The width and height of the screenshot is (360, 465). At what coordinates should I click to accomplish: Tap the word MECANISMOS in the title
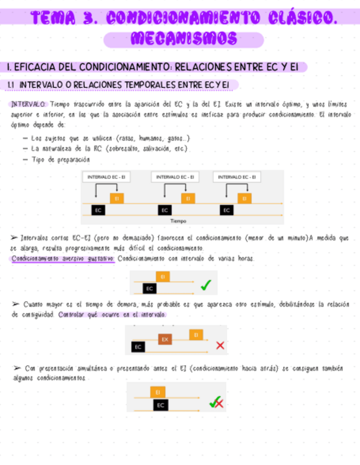click(184, 39)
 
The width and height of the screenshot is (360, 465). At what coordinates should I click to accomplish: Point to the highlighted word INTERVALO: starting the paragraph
click(29, 103)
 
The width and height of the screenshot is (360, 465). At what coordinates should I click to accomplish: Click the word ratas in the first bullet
click(127, 138)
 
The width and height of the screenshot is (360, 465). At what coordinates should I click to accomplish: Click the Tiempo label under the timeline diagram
click(178, 220)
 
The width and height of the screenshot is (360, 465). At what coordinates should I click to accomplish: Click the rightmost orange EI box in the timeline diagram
click(244, 199)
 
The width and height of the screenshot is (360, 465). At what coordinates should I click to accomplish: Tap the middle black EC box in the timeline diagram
click(164, 210)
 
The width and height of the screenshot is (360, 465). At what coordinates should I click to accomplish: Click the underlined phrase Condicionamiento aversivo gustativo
click(63, 258)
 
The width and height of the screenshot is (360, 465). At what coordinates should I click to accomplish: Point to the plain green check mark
click(206, 285)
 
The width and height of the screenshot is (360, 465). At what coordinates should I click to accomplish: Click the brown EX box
click(165, 339)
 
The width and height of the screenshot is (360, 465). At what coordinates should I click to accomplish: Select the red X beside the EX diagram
click(220, 345)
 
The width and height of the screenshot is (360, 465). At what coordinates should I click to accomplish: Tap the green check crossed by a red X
click(216, 403)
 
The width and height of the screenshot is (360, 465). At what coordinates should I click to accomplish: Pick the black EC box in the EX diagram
click(138, 347)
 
